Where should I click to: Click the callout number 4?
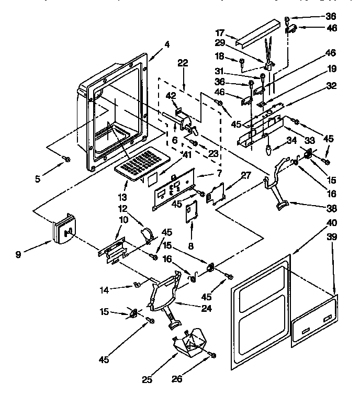(x=166, y=44)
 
